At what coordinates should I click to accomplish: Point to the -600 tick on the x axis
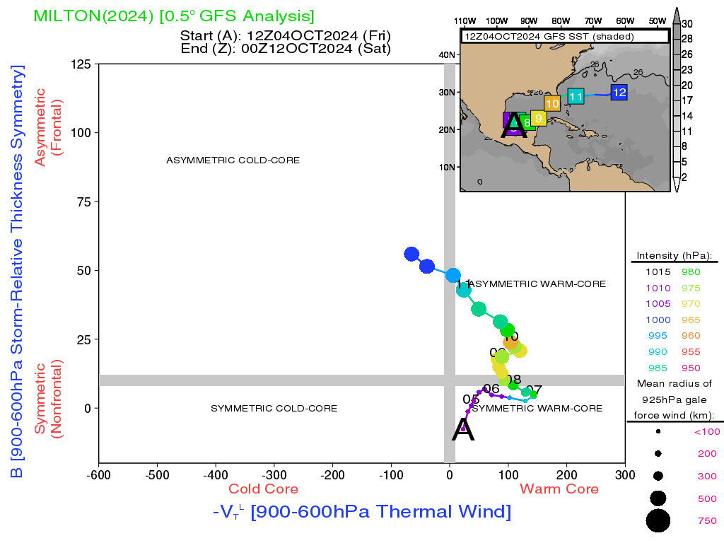coord(98,474)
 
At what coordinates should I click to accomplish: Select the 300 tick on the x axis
coord(625,474)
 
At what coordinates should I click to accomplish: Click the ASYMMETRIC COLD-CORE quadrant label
coord(233,160)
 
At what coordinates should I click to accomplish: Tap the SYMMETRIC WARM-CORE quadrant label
coord(537,409)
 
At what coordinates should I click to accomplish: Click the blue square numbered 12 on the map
coord(619,92)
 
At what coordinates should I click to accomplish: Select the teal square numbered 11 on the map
coord(576,96)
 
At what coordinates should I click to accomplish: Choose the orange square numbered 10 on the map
coord(552,103)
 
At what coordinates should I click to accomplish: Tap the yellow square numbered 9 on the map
coord(538,117)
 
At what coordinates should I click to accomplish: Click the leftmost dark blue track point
coord(411,254)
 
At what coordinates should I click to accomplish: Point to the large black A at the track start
coord(463,430)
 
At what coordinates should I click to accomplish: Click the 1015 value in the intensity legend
coord(657,271)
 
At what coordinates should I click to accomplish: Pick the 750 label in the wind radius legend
coord(707,521)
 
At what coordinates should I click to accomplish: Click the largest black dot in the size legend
coord(658,521)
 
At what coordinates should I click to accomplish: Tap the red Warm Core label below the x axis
coord(559,489)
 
